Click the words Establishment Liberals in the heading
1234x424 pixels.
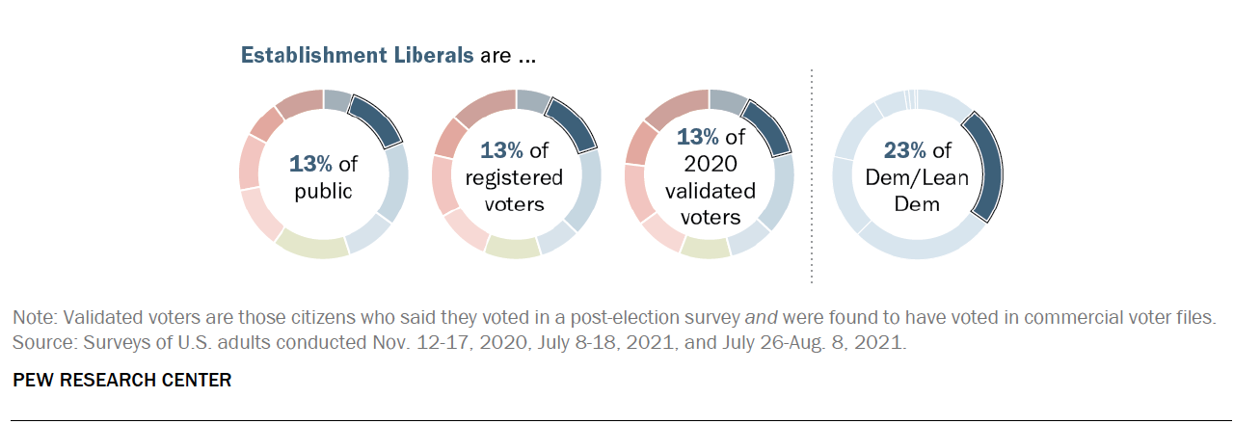[x=357, y=55]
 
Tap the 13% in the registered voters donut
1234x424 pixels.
[x=501, y=150]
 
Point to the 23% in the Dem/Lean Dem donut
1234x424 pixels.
[x=905, y=150]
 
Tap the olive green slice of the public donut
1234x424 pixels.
[x=311, y=247]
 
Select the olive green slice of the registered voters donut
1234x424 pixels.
[x=512, y=248]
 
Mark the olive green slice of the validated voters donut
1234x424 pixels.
[x=705, y=249]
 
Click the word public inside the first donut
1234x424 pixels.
[x=323, y=190]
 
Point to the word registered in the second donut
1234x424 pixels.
[x=514, y=177]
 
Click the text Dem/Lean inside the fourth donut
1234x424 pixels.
[x=915, y=177]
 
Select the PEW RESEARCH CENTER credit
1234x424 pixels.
[x=121, y=380]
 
